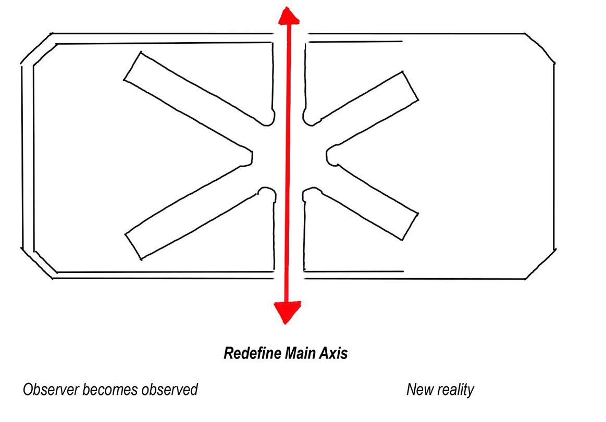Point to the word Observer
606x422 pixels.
coord(49,389)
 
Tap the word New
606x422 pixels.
coord(420,389)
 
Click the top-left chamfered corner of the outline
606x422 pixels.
coord(36,49)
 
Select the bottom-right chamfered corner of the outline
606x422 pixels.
coord(541,264)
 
